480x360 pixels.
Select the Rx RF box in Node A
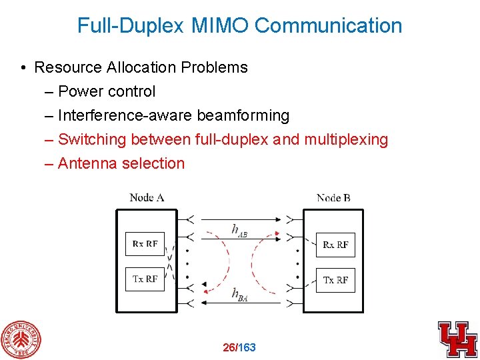[145, 243]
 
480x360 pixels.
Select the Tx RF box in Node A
[145, 279]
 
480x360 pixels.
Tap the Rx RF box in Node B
[335, 245]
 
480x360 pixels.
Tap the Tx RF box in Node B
[335, 280]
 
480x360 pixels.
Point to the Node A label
[147, 197]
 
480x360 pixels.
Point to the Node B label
[333, 197]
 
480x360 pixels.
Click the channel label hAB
[239, 230]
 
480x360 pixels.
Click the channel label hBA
[239, 294]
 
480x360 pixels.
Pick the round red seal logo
[20, 339]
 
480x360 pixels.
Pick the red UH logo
[457, 339]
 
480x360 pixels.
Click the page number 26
[229, 347]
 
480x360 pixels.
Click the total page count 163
[247, 347]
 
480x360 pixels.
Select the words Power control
[107, 91]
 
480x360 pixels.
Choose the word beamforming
[243, 115]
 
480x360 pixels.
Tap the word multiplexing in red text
[346, 139]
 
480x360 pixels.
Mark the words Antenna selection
[121, 163]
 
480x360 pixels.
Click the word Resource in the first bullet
[65, 67]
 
